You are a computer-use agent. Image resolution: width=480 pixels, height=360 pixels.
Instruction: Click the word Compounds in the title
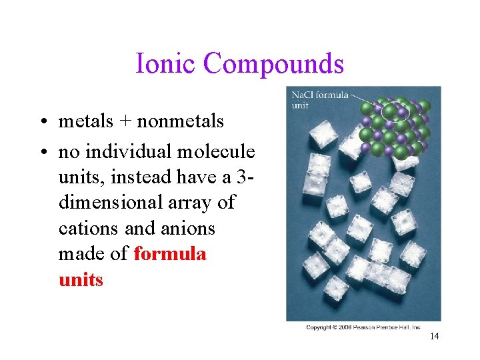[274, 64]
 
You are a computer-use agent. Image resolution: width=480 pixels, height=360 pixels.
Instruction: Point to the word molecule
[216, 152]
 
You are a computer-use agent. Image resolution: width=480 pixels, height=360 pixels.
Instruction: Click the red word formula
[170, 254]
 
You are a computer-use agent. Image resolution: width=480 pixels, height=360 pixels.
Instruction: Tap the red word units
[81, 279]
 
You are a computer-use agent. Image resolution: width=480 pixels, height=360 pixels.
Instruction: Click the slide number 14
[434, 337]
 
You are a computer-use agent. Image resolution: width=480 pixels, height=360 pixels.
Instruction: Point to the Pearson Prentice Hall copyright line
[363, 327]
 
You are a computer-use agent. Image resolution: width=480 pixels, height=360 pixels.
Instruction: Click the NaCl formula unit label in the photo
[319, 100]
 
